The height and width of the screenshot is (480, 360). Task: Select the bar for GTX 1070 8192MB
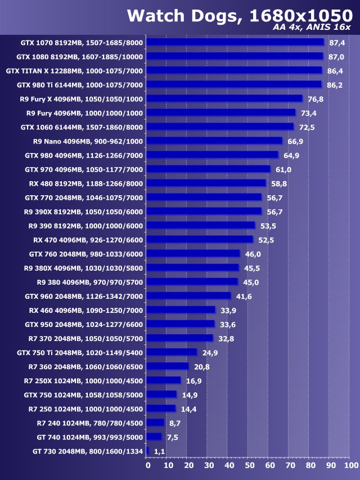click(x=236, y=42)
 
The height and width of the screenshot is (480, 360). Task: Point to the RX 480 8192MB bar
click(x=206, y=183)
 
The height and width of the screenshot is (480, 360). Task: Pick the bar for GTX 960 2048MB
click(x=189, y=295)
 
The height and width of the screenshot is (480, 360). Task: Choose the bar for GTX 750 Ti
click(x=172, y=352)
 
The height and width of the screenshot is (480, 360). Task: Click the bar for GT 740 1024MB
click(x=154, y=437)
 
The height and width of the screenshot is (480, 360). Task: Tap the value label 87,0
click(x=337, y=57)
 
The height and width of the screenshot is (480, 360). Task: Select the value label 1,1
click(x=159, y=451)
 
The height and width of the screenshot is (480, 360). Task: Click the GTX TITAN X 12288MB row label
click(x=74, y=71)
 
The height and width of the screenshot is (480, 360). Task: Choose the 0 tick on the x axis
click(x=148, y=465)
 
